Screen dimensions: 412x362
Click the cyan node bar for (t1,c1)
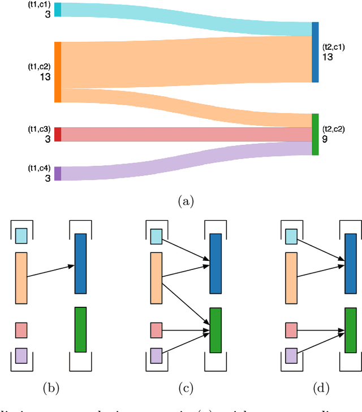tap(58, 10)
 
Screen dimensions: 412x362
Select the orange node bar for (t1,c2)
tap(58, 72)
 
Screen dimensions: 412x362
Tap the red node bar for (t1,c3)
tap(58, 134)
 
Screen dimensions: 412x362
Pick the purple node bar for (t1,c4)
tap(58, 173)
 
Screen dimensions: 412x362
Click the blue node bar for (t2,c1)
tap(315, 52)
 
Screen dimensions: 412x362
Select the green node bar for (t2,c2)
tap(315, 134)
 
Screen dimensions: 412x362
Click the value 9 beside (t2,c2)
tap(325, 138)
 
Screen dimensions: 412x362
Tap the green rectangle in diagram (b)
tap(80, 329)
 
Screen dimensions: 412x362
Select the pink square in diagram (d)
tap(291, 330)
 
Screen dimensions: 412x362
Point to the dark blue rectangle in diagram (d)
tap(351, 263)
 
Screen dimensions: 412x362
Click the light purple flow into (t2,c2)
tap(187, 161)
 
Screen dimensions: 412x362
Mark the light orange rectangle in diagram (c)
tap(157, 278)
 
